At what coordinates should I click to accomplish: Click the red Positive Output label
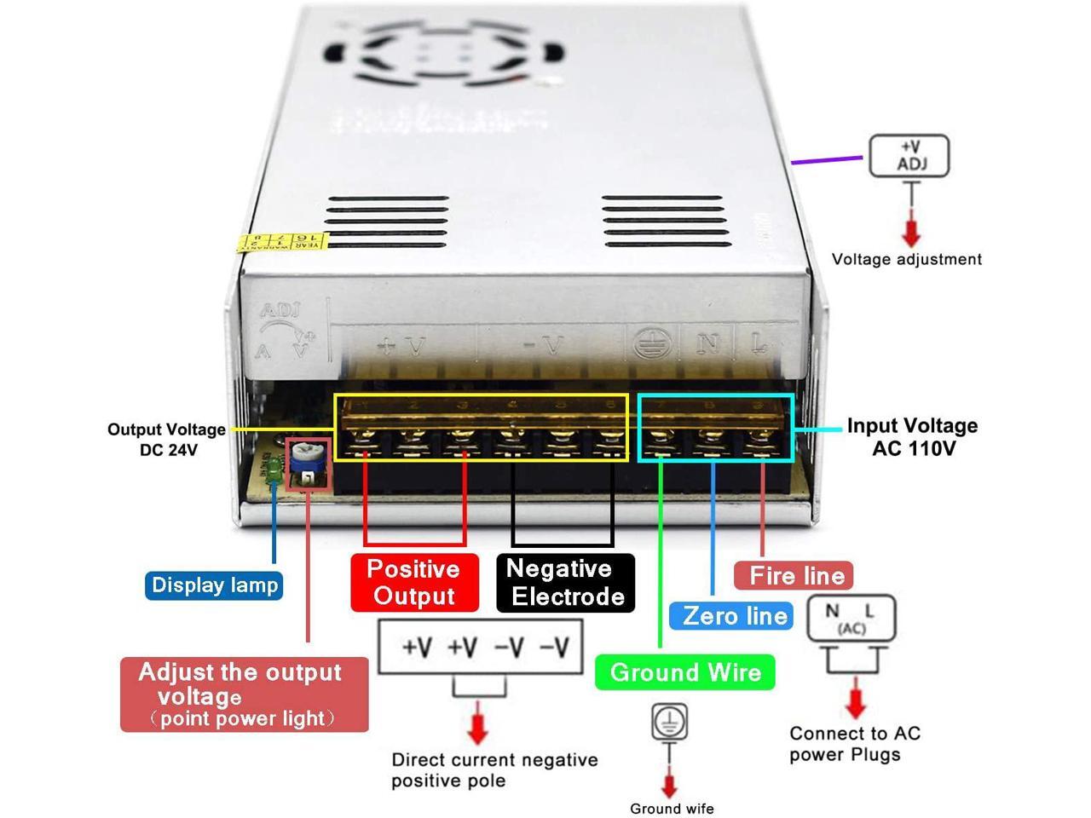click(414, 583)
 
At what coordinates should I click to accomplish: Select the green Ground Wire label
click(685, 672)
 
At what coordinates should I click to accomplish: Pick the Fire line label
click(794, 575)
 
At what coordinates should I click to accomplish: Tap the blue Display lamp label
click(214, 585)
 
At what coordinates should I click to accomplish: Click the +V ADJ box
click(909, 156)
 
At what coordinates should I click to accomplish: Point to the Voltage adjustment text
click(906, 259)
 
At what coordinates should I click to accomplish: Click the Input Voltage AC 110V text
click(912, 436)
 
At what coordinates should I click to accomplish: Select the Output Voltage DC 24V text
click(167, 439)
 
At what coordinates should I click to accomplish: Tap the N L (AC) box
click(851, 619)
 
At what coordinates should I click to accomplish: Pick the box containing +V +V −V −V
click(481, 647)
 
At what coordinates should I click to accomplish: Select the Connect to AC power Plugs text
click(854, 744)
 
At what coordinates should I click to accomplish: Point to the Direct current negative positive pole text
click(494, 769)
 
